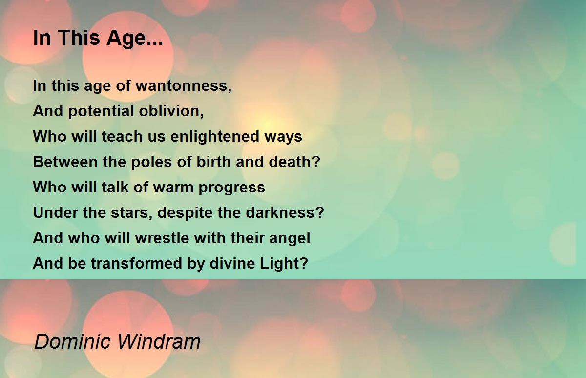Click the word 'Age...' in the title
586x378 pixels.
point(134,39)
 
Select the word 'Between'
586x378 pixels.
point(65,162)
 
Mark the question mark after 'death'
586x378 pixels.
point(316,162)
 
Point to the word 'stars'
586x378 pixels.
point(130,212)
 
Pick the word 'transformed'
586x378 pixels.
point(137,263)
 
